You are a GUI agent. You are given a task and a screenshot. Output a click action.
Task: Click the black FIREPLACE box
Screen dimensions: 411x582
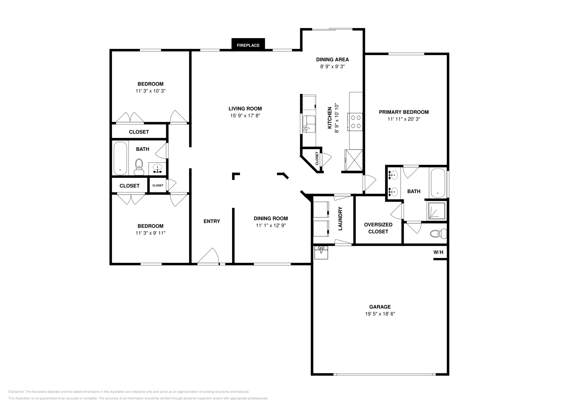(x=248, y=45)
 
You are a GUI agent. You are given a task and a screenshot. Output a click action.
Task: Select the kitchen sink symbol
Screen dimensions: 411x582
(x=310, y=124)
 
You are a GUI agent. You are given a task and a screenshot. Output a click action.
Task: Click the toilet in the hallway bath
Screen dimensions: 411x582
(x=139, y=167)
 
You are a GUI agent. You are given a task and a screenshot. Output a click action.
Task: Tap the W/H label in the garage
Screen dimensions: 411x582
(x=438, y=252)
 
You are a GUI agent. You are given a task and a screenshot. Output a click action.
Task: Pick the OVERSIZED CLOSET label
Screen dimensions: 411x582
(x=378, y=228)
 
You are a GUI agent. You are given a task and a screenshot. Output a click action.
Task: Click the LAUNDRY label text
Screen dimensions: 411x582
(x=340, y=219)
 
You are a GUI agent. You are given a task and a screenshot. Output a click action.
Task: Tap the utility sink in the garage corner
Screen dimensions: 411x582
(x=321, y=252)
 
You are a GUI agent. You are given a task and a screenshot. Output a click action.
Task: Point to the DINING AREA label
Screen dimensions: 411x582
(x=332, y=60)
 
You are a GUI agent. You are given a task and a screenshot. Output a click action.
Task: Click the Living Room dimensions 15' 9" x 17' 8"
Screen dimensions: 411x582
(x=245, y=115)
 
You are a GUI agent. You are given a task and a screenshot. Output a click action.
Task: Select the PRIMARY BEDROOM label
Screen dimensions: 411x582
(x=403, y=112)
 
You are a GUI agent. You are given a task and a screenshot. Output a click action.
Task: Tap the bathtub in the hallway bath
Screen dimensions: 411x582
(x=120, y=158)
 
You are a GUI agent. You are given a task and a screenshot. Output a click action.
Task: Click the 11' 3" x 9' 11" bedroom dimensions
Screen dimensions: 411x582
(x=150, y=233)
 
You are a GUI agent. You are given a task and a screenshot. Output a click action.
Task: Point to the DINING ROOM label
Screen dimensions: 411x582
(x=271, y=218)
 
